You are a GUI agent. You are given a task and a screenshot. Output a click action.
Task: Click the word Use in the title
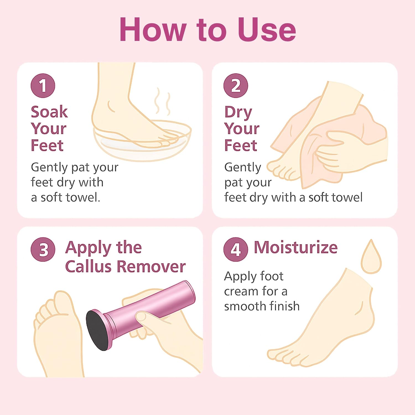click(267, 30)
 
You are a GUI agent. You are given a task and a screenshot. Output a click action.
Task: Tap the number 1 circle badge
click(43, 86)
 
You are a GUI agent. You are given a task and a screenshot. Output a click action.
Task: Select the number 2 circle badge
click(236, 86)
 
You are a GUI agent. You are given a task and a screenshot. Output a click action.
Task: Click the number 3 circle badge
click(43, 250)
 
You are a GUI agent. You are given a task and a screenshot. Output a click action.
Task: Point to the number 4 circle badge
click(236, 250)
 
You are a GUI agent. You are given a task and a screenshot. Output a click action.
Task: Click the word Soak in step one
click(49, 112)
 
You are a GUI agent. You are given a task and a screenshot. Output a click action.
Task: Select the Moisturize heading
click(295, 247)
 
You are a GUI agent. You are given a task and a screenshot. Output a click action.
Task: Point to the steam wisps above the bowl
click(162, 101)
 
